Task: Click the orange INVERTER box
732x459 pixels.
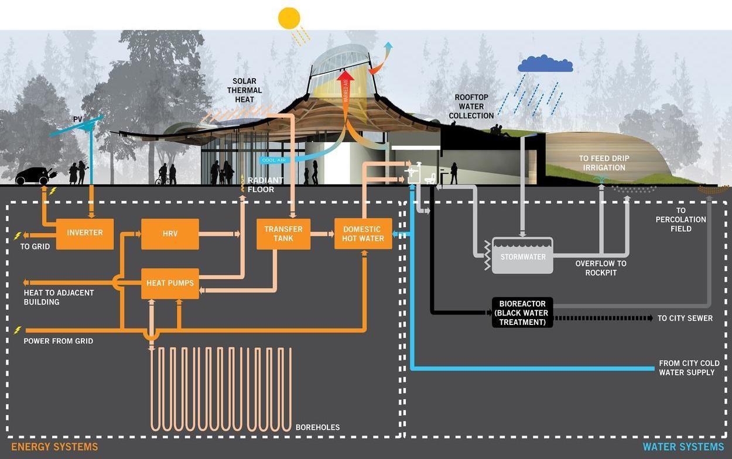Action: point(85,233)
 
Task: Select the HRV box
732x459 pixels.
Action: point(170,234)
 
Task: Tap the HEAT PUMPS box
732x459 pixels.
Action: point(170,283)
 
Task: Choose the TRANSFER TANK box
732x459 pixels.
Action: point(283,234)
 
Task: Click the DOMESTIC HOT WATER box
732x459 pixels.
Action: point(363,234)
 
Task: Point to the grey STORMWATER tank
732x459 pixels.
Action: point(522,256)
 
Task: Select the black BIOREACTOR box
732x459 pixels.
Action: point(522,313)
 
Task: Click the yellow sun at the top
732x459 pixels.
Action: point(289,18)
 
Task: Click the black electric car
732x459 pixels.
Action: point(33,176)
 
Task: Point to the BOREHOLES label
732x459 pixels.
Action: point(317,427)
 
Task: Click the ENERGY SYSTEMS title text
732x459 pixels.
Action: point(54,447)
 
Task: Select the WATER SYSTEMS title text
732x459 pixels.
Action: point(683,447)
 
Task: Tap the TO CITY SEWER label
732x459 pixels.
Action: point(685,318)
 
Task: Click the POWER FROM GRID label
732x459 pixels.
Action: point(58,341)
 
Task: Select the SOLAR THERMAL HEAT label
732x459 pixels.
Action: point(245,91)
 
